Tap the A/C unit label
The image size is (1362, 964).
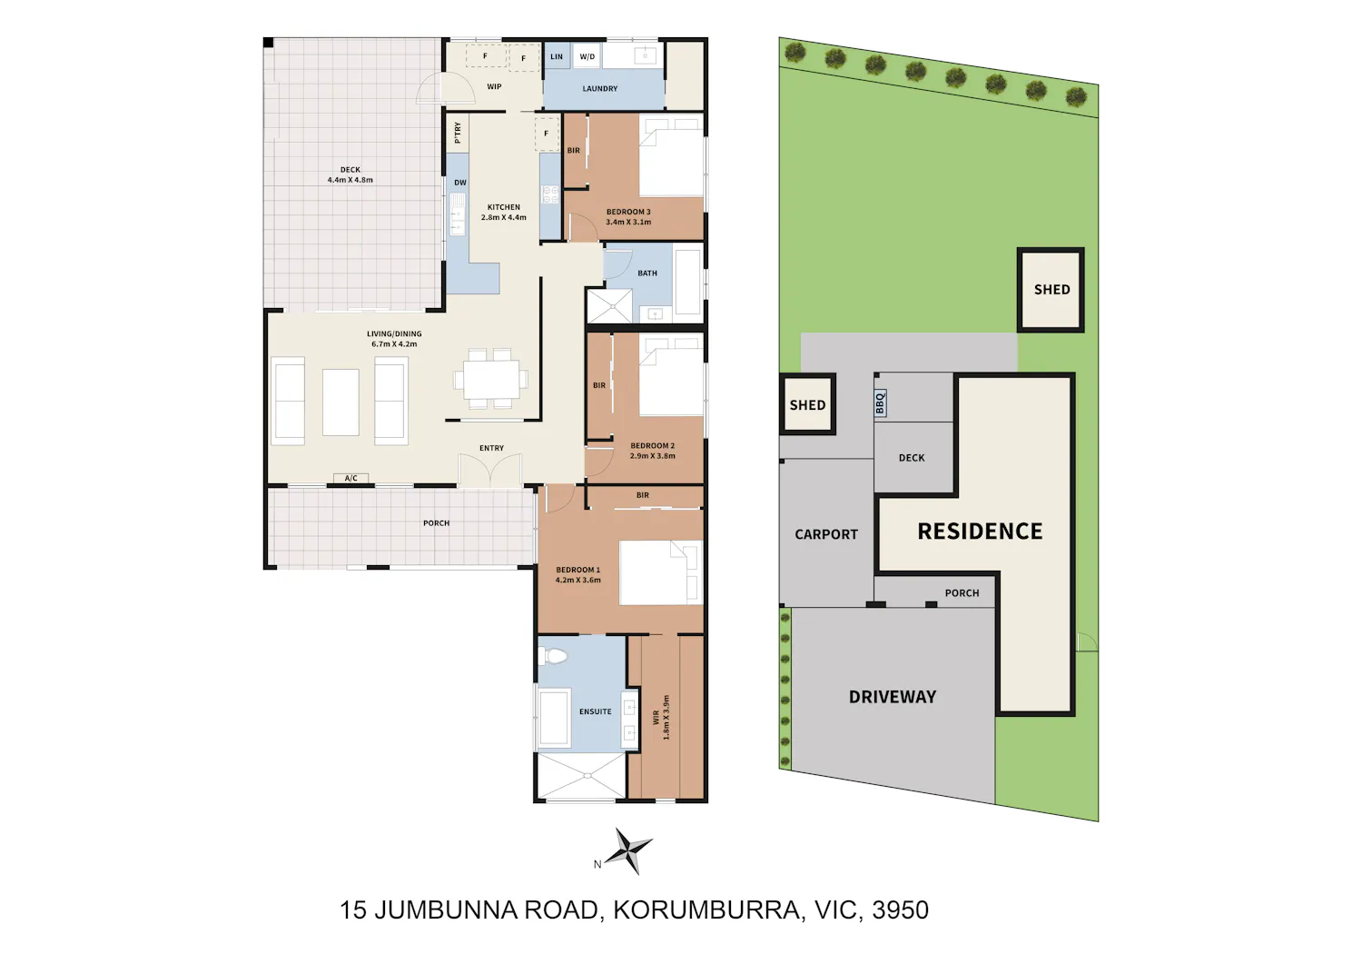pos(350,478)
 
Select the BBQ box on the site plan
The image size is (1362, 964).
pos(880,403)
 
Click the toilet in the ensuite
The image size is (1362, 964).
pos(553,656)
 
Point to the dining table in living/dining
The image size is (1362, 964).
pos(491,379)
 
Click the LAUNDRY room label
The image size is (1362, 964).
pos(599,89)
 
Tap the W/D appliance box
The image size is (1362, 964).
pos(587,56)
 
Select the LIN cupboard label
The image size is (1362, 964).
pos(557,56)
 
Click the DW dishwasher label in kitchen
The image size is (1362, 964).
pos(460,183)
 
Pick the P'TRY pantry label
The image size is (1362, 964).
pos(458,133)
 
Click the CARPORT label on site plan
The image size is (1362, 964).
pos(825,534)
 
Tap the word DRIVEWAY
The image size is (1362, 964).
pos(892,697)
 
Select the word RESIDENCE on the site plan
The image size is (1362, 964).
pos(980,532)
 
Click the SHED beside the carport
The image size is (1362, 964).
pos(807,404)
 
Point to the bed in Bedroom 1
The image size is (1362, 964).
pos(661,572)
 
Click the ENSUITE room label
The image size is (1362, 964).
pos(596,711)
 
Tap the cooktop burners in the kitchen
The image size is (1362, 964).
pos(550,194)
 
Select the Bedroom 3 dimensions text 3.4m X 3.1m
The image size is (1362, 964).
pos(628,222)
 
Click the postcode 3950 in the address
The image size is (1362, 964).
pos(900,910)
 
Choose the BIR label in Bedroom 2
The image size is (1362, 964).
pos(599,385)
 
